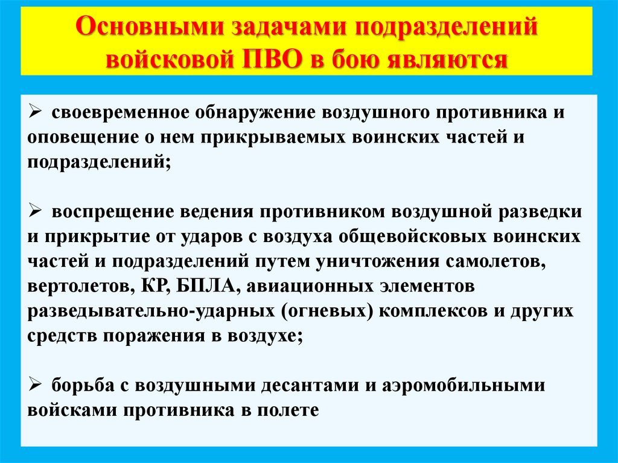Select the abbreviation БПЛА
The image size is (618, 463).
(203, 284)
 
